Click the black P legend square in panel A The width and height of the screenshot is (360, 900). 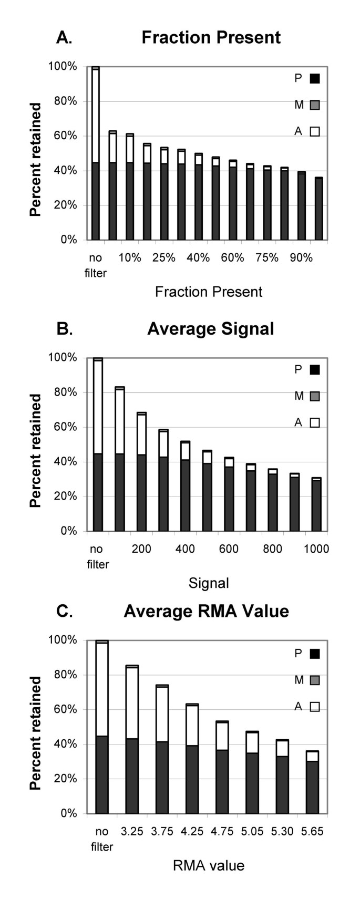click(x=315, y=79)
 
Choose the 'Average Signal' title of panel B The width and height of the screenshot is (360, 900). click(x=211, y=329)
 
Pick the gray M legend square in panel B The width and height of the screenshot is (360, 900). click(x=315, y=396)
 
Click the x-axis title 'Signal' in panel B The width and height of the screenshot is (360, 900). click(x=209, y=583)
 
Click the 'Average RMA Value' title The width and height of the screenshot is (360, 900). click(x=206, y=612)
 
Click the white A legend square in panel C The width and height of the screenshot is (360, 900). click(x=315, y=707)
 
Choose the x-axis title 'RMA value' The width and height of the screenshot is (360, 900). click(x=209, y=865)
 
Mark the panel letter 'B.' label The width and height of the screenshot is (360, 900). click(x=64, y=329)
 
